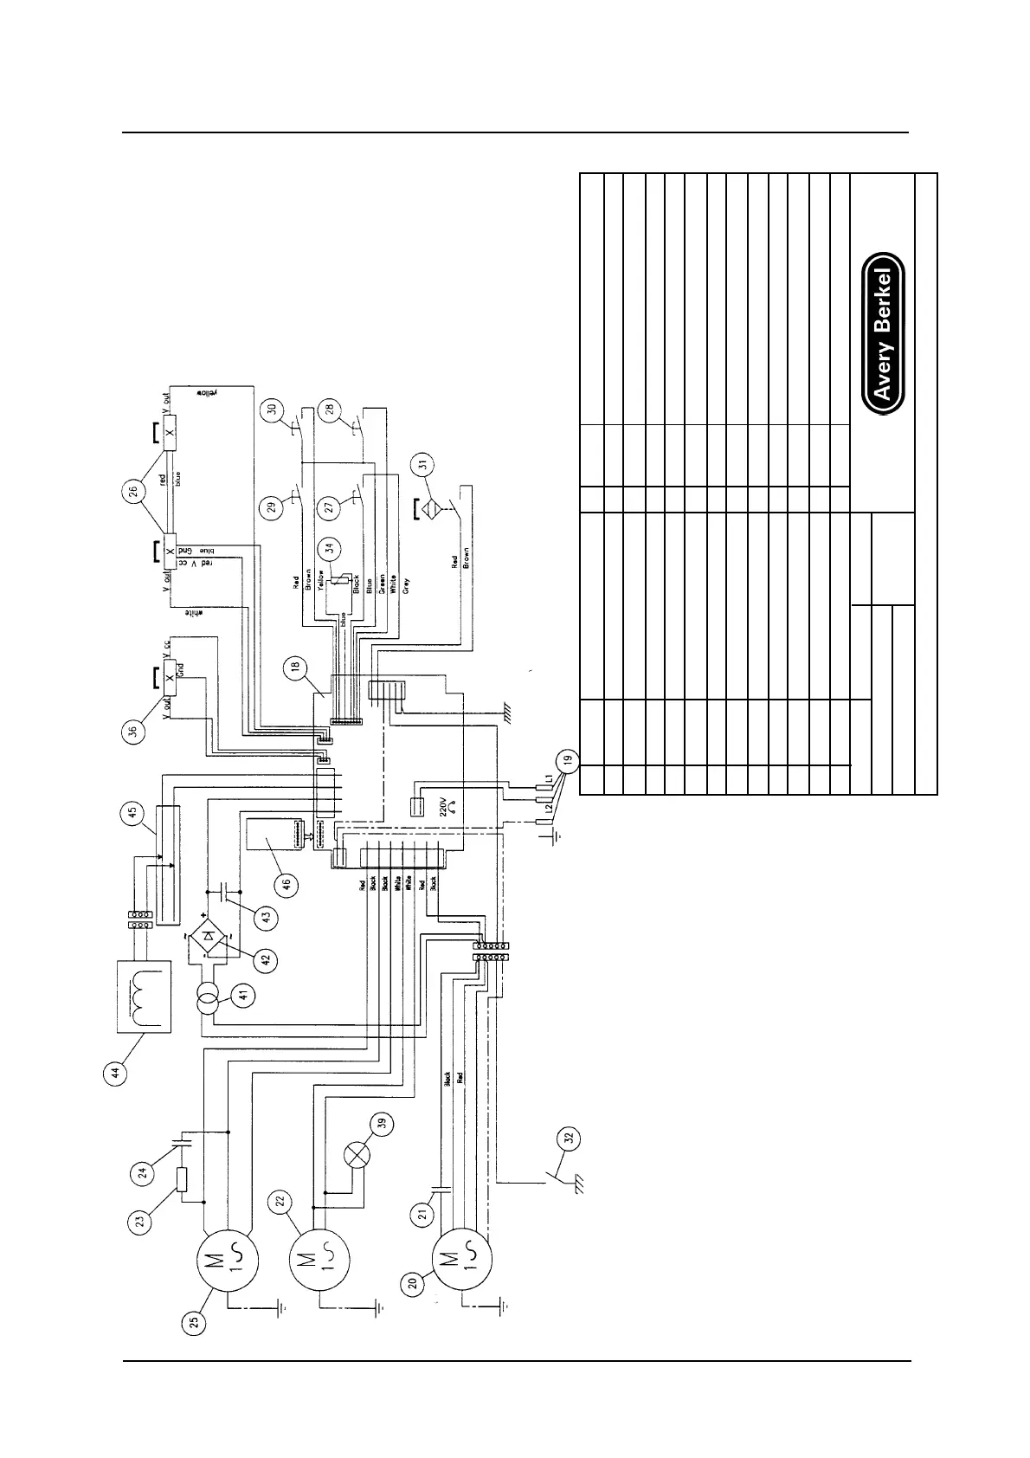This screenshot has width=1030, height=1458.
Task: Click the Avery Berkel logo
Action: (883, 333)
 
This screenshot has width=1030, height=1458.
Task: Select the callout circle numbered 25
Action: (196, 1322)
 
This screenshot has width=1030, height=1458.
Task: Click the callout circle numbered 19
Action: (567, 762)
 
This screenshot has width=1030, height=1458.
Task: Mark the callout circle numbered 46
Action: (286, 884)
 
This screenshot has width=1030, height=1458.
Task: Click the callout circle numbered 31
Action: (423, 463)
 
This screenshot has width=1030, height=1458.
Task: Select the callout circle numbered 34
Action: (328, 546)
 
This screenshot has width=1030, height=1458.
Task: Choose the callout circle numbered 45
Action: (132, 814)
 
